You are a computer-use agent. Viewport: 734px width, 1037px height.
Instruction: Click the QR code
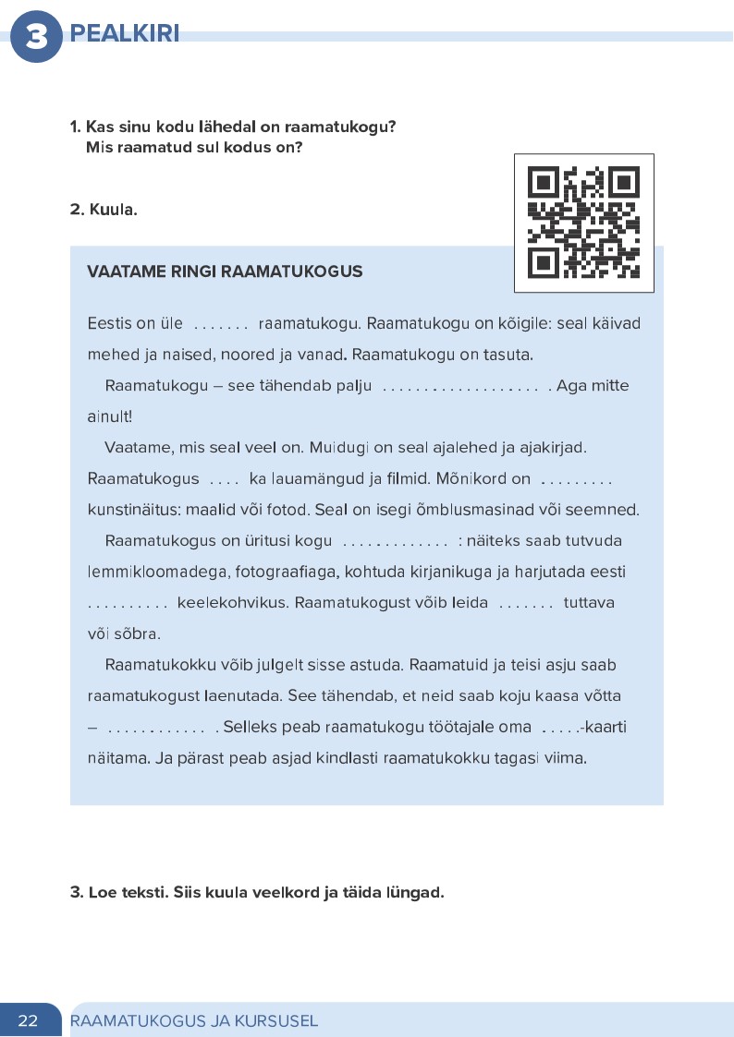[583, 223]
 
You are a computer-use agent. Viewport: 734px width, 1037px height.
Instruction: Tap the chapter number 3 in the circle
[36, 38]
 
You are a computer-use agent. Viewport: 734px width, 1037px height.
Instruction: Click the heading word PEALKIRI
[124, 35]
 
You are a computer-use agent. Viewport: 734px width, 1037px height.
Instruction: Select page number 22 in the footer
[28, 1020]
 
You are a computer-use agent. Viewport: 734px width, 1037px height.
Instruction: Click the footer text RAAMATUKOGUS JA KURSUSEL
[194, 1020]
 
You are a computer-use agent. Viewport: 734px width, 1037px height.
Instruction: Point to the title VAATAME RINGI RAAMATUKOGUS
[225, 271]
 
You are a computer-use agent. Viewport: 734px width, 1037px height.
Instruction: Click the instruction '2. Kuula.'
[104, 210]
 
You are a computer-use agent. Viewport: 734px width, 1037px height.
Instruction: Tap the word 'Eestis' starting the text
[109, 323]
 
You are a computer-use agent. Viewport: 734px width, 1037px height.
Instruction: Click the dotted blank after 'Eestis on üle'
[221, 324]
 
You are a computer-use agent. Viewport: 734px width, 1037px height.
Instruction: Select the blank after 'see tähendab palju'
[459, 386]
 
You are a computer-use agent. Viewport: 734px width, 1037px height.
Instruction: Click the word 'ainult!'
[110, 416]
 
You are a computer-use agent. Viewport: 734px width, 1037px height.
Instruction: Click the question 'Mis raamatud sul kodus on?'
[194, 147]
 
